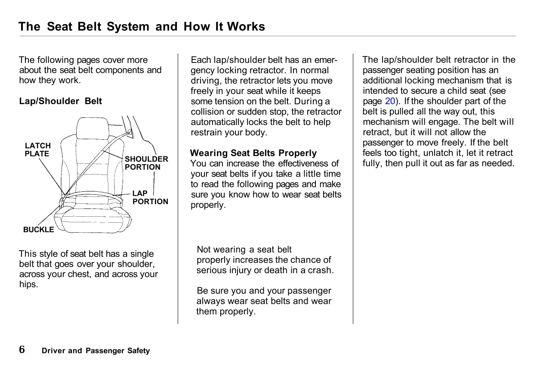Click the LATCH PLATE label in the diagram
[x=37, y=150]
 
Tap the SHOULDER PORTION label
[x=146, y=163]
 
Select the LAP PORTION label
[x=150, y=197]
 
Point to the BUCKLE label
[x=39, y=230]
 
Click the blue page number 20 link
[x=390, y=101]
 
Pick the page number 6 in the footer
[x=22, y=349]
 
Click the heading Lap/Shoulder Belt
[x=61, y=101]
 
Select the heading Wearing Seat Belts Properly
[x=253, y=153]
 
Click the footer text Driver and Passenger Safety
[x=96, y=351]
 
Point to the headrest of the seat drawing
[x=93, y=128]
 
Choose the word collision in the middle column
[x=208, y=112]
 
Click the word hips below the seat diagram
[x=28, y=284]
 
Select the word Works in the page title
[x=246, y=27]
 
